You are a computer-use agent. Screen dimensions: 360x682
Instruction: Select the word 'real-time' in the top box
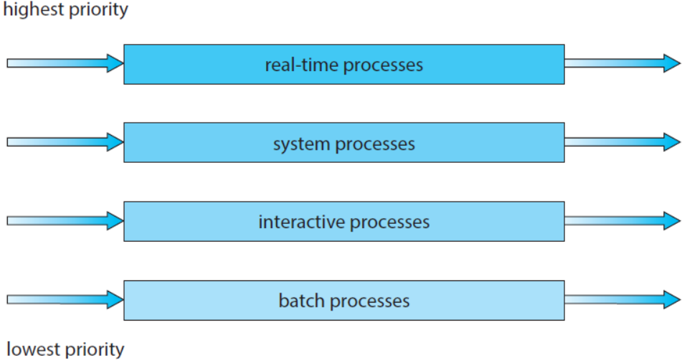[302, 65]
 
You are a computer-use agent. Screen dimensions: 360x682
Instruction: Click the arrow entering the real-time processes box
[65, 63]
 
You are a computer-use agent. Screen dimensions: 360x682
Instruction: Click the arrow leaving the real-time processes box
[622, 63]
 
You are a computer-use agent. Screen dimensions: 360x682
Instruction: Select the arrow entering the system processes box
[65, 142]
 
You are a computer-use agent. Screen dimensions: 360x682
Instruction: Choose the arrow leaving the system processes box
[622, 142]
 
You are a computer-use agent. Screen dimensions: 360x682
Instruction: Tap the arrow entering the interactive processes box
[65, 221]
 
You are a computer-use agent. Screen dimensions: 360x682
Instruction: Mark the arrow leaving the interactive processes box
[622, 221]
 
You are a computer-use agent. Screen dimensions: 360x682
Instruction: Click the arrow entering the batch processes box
[65, 298]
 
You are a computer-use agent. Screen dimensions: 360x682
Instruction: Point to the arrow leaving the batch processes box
[622, 298]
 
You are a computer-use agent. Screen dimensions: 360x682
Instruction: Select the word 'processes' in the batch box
[372, 300]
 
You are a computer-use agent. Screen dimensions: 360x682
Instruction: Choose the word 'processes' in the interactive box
[389, 222]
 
